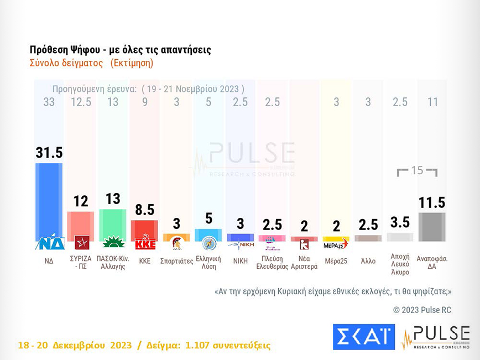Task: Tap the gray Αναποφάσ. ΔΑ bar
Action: (432, 227)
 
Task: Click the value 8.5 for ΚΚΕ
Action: (144, 210)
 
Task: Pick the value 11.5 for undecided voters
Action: (432, 202)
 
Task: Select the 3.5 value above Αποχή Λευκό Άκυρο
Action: (400, 222)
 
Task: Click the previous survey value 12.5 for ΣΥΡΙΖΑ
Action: (81, 102)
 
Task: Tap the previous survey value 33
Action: (49, 102)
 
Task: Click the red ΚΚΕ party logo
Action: (145, 244)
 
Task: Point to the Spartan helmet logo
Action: (177, 243)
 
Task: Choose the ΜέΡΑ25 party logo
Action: (336, 244)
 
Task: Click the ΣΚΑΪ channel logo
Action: (363, 337)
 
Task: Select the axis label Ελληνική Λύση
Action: (208, 262)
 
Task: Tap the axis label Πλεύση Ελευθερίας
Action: (272, 262)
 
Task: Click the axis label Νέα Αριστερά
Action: (304, 262)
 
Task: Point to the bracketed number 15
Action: (418, 170)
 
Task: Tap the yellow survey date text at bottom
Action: (144, 346)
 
